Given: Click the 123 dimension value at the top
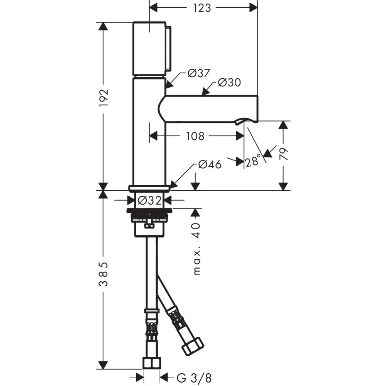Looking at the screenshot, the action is coord(202,8).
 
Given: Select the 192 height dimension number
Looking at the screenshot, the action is coord(103,98).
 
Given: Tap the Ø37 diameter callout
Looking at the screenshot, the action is coord(199,73).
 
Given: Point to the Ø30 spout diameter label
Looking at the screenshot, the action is coord(229,83).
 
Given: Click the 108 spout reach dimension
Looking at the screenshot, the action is coord(195,136).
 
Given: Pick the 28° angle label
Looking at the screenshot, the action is coord(253,161).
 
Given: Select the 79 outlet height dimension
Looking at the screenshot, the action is coord(284,154).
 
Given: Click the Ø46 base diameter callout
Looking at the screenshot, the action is coord(210,164).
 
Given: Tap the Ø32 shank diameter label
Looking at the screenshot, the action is coord(149,200).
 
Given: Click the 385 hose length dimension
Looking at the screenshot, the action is coord(103,274).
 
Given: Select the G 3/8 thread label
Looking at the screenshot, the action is coord(194,378).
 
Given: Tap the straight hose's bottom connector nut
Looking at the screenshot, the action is coord(152,363).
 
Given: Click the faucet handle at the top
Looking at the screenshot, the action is coord(150,49).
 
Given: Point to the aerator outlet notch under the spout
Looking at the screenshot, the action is coord(240,121).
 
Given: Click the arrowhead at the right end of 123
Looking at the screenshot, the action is coord(254,8).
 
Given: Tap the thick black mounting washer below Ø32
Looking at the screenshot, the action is coord(149,210).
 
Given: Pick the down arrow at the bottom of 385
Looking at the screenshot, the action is coord(103,365).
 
